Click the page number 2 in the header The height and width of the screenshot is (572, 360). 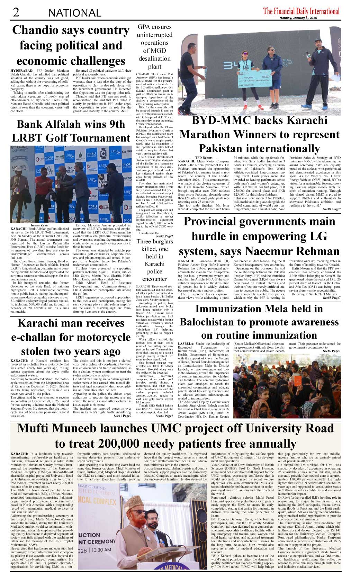click(x=16, y=12)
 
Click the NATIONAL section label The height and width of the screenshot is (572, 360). click(x=75, y=13)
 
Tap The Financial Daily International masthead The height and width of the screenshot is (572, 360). click(x=301, y=11)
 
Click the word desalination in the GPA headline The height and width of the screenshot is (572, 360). click(x=155, y=59)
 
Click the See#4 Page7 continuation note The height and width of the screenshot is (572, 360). click(x=332, y=209)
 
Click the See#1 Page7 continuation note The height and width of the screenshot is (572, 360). click(x=122, y=416)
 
